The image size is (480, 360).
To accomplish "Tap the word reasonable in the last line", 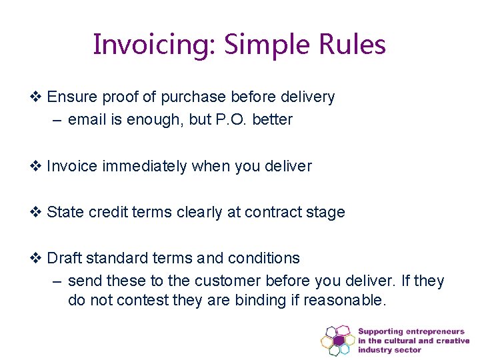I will pos(344,301).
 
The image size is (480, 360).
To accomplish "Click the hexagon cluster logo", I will pos(337,340).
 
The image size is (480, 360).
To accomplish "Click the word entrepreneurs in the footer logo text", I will pos(439,331).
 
